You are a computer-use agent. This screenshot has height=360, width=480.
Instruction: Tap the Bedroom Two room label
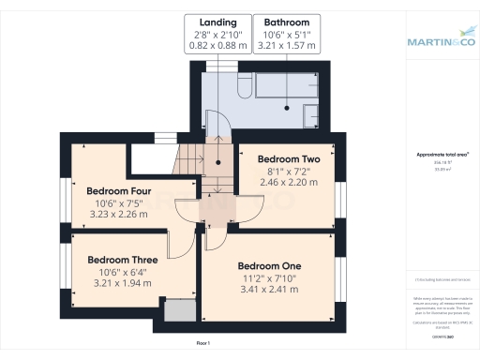point(289,159)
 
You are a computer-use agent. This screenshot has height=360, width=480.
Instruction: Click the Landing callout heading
point(217,22)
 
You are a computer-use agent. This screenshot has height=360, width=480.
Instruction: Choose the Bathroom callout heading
point(286,22)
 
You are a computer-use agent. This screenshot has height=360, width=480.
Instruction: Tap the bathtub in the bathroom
point(290,90)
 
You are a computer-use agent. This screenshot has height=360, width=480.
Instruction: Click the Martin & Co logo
point(441,41)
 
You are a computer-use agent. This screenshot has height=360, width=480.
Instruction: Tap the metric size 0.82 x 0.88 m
point(217,44)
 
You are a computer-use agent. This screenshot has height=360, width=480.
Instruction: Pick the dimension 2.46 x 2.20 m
point(289,183)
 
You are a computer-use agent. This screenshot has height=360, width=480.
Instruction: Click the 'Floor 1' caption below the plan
point(202,344)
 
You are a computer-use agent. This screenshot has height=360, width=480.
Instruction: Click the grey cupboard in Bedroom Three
point(175,311)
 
